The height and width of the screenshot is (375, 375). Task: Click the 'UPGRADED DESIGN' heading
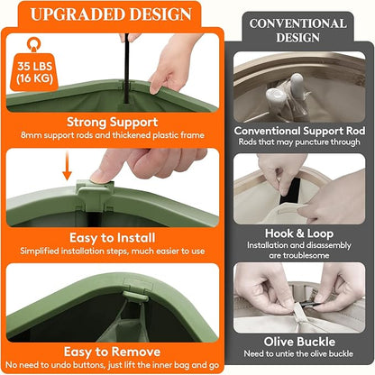(x=111, y=14)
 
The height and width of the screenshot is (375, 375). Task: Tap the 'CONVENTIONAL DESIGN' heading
(x=297, y=31)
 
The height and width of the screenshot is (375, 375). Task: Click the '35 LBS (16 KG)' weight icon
(x=35, y=64)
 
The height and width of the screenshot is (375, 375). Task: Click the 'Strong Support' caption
(x=112, y=123)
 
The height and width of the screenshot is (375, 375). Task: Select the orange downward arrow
(x=68, y=166)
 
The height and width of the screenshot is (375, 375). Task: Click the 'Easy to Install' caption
(x=112, y=238)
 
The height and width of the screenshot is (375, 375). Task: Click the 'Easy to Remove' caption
(x=112, y=352)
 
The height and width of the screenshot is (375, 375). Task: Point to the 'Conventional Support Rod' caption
(x=299, y=131)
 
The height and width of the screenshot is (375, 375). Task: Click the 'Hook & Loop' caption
(x=299, y=233)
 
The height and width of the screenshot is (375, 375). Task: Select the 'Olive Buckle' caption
(x=299, y=342)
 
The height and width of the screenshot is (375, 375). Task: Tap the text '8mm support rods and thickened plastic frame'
(x=113, y=135)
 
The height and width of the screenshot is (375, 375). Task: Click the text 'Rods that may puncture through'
(x=299, y=142)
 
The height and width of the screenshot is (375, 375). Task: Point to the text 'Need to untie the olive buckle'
(x=298, y=353)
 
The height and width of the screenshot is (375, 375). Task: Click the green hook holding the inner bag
(x=136, y=296)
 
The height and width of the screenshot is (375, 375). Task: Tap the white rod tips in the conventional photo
(x=286, y=90)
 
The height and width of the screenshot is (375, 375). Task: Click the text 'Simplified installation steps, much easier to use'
(x=113, y=251)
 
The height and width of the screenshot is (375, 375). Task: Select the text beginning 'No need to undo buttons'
(x=112, y=365)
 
